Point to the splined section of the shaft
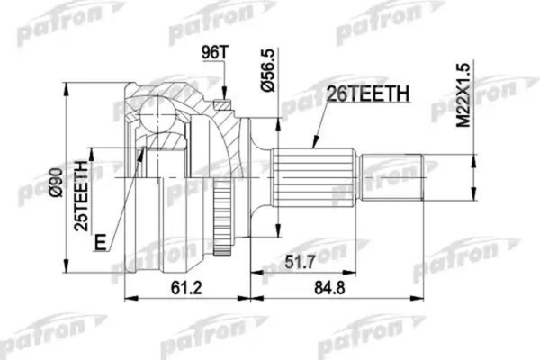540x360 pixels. point(306,176)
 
